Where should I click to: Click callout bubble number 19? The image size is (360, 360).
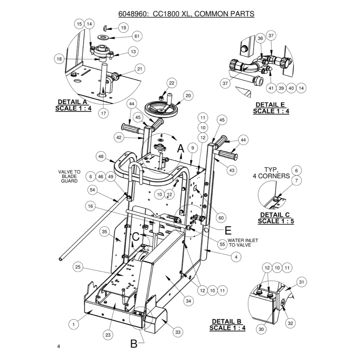[x=123, y=28]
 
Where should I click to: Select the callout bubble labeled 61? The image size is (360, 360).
[x=136, y=36]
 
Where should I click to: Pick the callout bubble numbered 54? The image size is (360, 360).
[x=93, y=189]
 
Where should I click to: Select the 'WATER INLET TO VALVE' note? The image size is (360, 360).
[x=242, y=243]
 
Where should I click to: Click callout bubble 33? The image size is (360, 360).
[x=178, y=332]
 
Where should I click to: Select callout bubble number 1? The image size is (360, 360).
[x=73, y=324]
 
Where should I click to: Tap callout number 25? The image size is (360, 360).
[x=79, y=267]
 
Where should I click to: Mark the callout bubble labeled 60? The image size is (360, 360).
[x=221, y=218]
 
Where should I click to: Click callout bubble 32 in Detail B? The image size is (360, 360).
[x=291, y=324]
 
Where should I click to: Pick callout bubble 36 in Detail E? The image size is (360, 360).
[x=260, y=38]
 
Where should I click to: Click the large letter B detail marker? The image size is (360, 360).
[x=134, y=344]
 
